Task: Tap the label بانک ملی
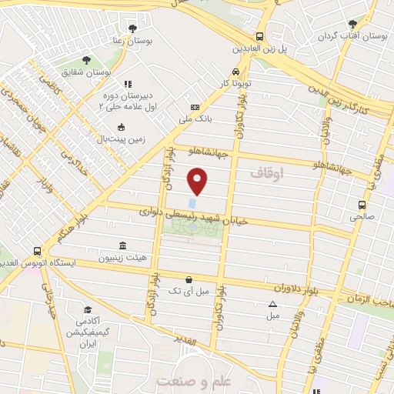tap(195, 119)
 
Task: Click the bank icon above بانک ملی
tap(195, 108)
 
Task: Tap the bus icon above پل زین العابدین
tap(260, 35)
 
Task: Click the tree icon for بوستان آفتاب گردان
tap(352, 24)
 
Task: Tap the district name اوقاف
tap(267, 175)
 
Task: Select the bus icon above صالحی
tap(362, 205)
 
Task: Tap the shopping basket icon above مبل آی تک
tap(189, 279)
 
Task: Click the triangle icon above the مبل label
tap(272, 305)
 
